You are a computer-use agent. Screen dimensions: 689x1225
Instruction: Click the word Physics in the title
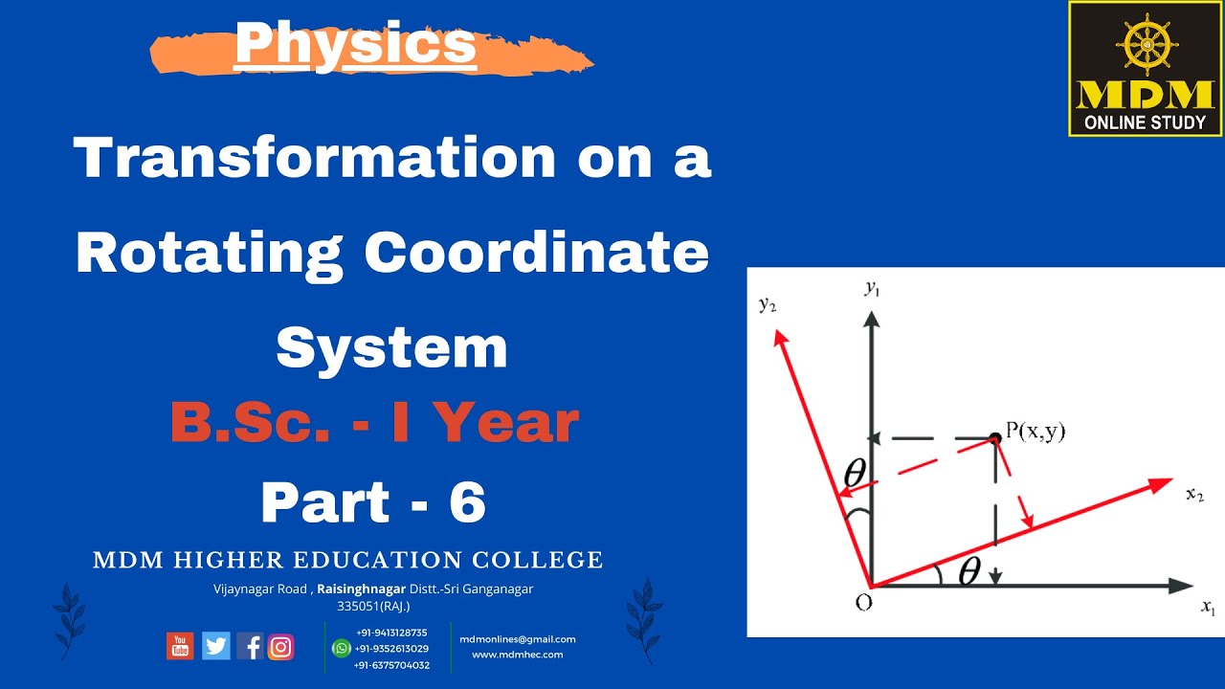tap(356, 44)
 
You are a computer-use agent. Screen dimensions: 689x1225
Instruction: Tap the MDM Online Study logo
tap(1146, 69)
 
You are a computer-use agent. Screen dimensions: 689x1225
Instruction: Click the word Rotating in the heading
tap(210, 253)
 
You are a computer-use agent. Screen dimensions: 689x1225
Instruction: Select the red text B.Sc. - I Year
tap(375, 423)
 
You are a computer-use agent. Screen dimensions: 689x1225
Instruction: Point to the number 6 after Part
tap(467, 502)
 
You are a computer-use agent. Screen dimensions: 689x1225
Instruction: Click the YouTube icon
tap(180, 647)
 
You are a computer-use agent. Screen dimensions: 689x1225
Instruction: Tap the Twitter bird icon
tap(216, 647)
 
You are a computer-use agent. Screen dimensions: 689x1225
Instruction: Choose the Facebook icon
tap(251, 647)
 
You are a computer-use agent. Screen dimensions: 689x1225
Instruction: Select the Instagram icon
tap(280, 647)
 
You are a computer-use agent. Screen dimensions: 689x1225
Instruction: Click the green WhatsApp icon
tap(341, 649)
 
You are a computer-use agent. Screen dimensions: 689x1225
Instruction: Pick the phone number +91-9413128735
tap(391, 633)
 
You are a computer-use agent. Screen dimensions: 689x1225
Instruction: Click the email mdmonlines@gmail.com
tap(518, 639)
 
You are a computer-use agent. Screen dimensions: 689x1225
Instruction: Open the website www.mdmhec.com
tap(518, 655)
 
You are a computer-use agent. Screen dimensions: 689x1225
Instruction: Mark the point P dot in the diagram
tap(995, 437)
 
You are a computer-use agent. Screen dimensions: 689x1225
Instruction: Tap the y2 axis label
tap(767, 304)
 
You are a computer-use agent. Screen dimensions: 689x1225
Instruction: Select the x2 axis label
tap(1194, 495)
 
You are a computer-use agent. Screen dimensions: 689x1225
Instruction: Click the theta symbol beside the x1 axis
tap(969, 571)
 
